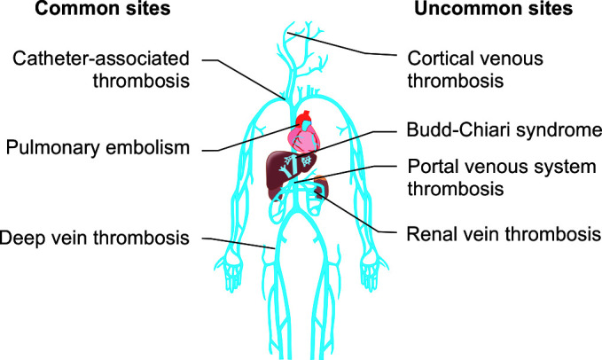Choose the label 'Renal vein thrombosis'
pyautogui.click(x=499, y=235)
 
